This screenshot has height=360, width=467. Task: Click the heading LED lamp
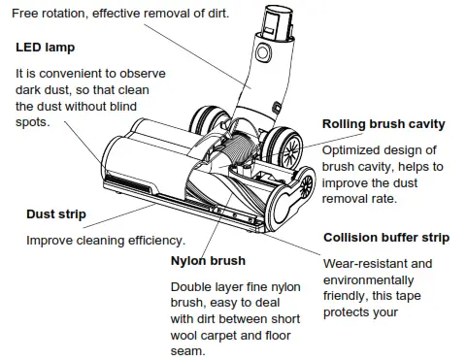pyautogui.click(x=46, y=48)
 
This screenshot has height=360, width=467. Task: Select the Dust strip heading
pyautogui.click(x=55, y=214)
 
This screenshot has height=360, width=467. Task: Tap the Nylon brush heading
pyautogui.click(x=208, y=261)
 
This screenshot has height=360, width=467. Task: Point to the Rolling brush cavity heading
pyautogui.click(x=384, y=124)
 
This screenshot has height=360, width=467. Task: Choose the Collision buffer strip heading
pyautogui.click(x=385, y=237)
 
